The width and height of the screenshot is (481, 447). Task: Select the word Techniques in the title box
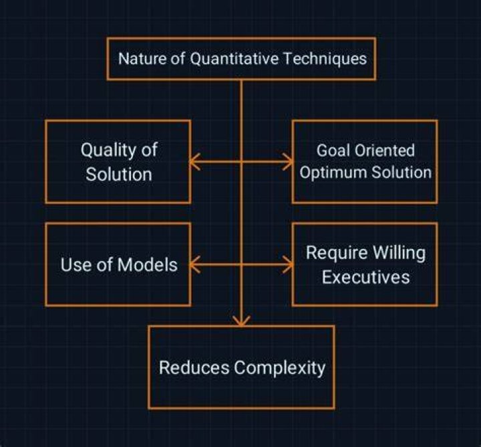pos(325,59)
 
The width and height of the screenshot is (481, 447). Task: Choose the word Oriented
pos(385,151)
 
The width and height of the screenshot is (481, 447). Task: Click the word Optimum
pos(333,173)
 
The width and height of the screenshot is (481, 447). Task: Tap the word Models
pos(148,265)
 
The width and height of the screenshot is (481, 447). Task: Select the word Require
pos(337,254)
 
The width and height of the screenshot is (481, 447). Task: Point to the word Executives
pos(365,277)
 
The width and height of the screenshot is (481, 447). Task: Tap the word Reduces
pos(194,367)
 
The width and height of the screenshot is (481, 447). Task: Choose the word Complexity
pos(279,368)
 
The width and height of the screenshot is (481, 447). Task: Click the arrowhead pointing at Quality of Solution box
pos(194,161)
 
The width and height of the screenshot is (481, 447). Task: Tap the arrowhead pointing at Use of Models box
pos(194,264)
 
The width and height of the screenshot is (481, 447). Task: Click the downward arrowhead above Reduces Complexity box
pos(241,321)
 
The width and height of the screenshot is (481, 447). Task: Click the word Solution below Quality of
pos(119,175)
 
